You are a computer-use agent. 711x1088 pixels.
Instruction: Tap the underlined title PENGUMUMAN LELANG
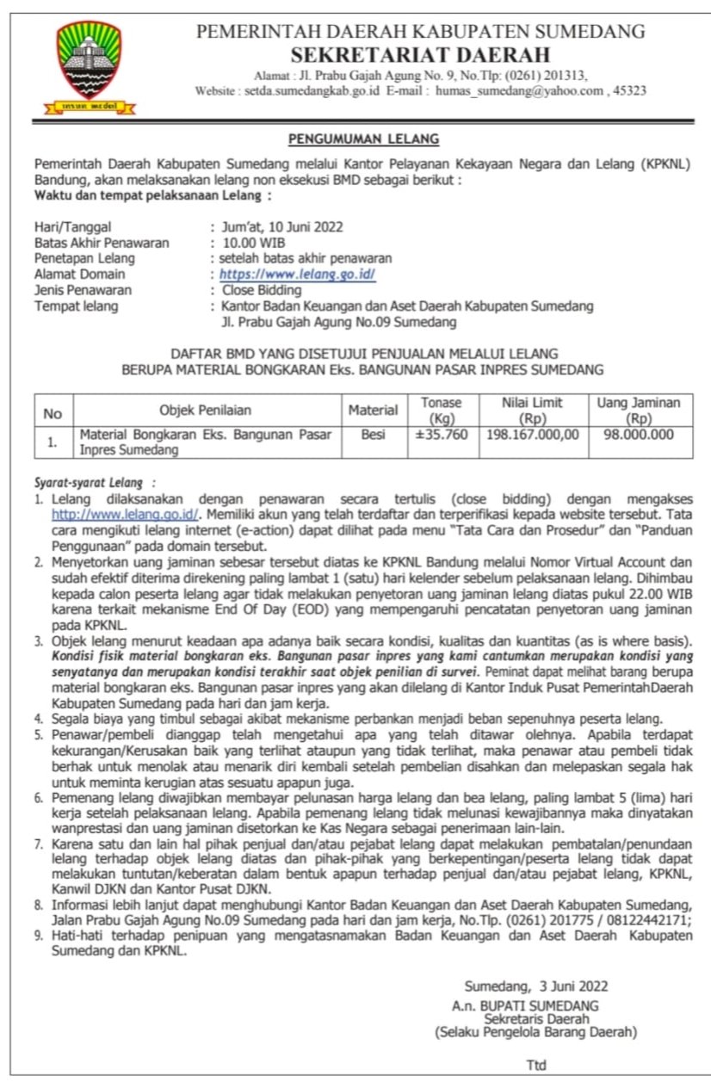click(363, 139)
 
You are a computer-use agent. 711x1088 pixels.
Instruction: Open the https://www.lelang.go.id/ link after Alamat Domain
click(297, 274)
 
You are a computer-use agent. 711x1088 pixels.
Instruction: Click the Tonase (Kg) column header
click(442, 410)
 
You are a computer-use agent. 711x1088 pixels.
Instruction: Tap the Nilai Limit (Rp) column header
click(533, 410)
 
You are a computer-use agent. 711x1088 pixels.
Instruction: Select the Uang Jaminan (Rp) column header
click(639, 410)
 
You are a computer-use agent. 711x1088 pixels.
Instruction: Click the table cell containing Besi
click(373, 435)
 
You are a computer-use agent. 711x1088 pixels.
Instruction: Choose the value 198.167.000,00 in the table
click(533, 434)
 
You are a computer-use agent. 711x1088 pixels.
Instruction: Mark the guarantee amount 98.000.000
click(639, 435)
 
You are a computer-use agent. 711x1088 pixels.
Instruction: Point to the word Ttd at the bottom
click(536, 1065)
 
